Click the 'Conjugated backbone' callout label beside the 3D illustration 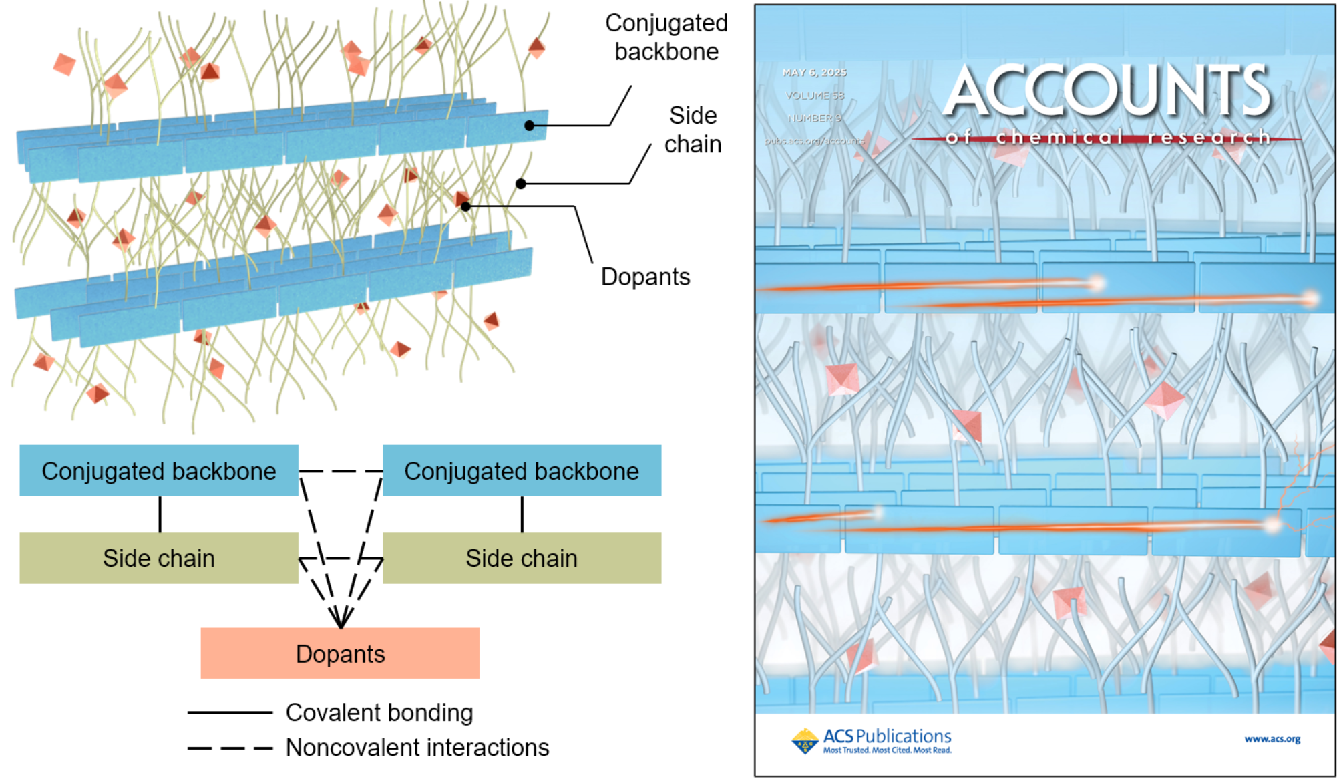[666, 37]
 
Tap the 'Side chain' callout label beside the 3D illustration [693, 130]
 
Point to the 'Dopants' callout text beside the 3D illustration [645, 277]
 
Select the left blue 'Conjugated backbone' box [158, 471]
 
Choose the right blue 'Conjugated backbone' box [522, 471]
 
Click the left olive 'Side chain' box [158, 558]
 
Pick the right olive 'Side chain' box [522, 558]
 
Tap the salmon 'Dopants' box [340, 653]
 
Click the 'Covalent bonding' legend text [379, 713]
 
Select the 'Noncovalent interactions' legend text [417, 748]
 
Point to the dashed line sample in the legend [230, 748]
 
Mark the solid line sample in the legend [230, 713]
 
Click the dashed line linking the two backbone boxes [341, 472]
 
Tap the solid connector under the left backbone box [160, 514]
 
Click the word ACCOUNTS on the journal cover [1108, 92]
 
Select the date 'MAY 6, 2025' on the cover [814, 73]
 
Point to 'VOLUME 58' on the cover [815, 96]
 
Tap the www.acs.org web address [1272, 739]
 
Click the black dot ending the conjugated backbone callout [529, 126]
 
